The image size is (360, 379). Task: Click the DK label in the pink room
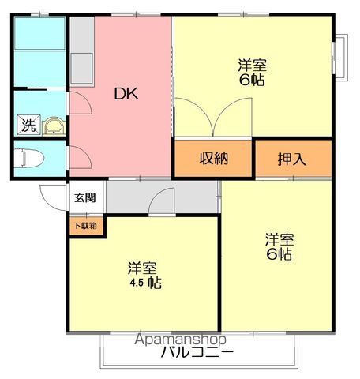coord(126,94)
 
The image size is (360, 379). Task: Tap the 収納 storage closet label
coord(214,158)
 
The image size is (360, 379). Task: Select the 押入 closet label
coord(292,159)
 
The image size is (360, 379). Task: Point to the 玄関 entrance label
coord(85,197)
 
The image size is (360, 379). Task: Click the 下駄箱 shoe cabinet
coord(86,226)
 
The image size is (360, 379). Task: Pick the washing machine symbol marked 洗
coord(28,125)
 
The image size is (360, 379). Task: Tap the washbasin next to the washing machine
coord(54,126)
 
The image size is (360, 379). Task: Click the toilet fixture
coord(29,158)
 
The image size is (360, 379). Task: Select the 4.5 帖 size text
coord(146,283)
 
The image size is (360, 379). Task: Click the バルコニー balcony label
coord(197,352)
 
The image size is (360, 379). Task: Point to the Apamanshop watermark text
coord(180,340)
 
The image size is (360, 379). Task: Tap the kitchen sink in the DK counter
coord(82,69)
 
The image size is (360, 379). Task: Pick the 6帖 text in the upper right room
coord(252,80)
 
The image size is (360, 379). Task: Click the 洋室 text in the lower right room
coord(279,239)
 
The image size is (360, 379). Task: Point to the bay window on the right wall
coord(341,58)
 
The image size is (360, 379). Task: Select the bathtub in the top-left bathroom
coord(39,33)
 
